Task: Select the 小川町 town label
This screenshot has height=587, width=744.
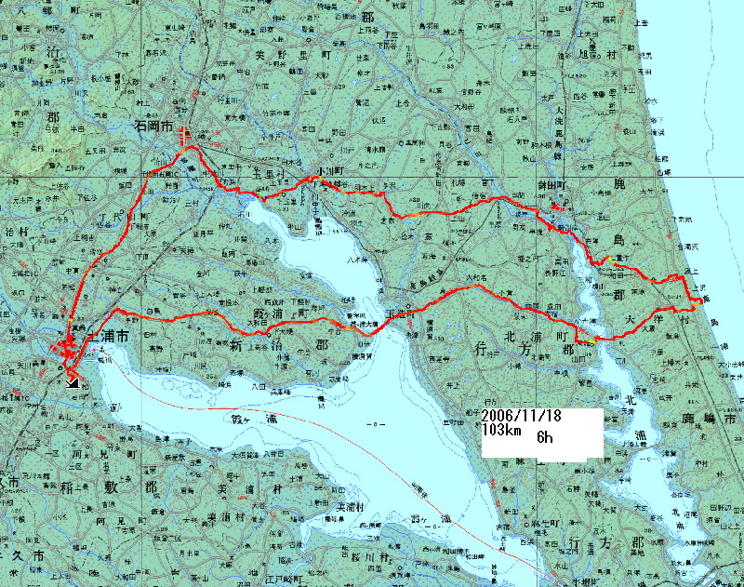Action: pos(329,171)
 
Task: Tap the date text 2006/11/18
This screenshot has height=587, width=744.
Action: pos(520,418)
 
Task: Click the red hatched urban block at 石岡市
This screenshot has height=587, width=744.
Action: pos(184,134)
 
